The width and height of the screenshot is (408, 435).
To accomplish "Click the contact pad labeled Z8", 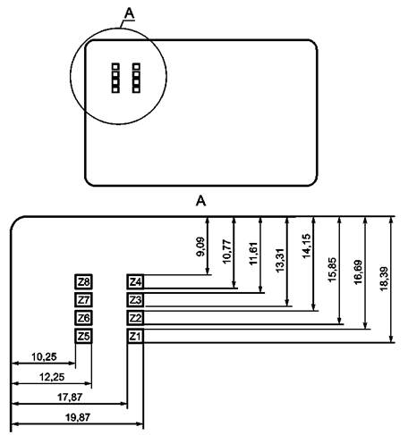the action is (83, 281).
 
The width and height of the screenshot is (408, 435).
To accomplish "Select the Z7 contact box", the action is (83, 300).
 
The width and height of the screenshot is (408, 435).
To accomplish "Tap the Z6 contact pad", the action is (83, 318).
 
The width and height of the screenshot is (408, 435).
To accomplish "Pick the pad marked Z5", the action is (83, 336).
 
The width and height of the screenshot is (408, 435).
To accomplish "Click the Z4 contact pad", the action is (135, 281).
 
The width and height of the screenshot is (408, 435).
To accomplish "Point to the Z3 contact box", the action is (135, 300).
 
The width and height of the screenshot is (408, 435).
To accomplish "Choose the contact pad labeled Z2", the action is (135, 318).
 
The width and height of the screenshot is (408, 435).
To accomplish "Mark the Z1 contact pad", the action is (135, 336).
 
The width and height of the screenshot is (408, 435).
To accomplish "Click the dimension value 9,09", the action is (200, 247).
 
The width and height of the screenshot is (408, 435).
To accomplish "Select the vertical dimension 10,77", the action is (227, 252).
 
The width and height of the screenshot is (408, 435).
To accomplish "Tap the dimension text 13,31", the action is (280, 260).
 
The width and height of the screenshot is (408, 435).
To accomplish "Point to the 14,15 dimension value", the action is (306, 246).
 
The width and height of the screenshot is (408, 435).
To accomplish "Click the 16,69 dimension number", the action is (358, 272).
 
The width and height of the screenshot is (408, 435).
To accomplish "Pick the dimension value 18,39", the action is (385, 279).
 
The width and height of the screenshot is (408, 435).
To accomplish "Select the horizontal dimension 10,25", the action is (44, 356).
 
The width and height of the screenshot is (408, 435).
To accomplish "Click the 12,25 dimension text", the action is (52, 377).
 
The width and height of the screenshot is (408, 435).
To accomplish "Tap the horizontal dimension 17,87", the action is (70, 397).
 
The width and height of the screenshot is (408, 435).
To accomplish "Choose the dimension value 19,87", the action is (78, 417).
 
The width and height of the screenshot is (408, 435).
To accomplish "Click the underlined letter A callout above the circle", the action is (130, 13).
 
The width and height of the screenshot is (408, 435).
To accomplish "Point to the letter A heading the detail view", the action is (200, 201).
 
